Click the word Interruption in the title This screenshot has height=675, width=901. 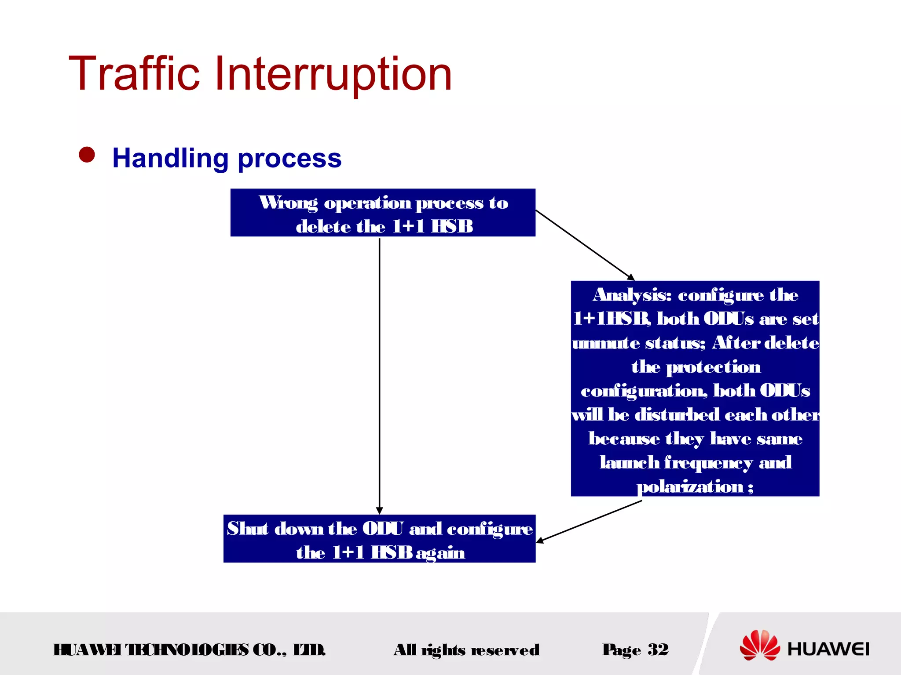pyautogui.click(x=333, y=75)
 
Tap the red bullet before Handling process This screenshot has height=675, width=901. pyautogui.click(x=87, y=155)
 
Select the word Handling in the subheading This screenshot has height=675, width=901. pyautogui.click(x=170, y=158)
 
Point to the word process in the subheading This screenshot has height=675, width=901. pyautogui.click(x=289, y=159)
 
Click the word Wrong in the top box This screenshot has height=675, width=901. pyautogui.click(x=288, y=203)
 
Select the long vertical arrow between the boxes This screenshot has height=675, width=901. pyautogui.click(x=380, y=374)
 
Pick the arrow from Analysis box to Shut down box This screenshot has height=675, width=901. pyautogui.click(x=590, y=522)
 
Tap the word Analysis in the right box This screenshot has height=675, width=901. pyautogui.click(x=632, y=295)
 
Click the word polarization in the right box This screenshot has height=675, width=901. pyautogui.click(x=690, y=486)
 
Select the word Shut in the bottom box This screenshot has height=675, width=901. pyautogui.click(x=247, y=528)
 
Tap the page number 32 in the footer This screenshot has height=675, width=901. pyautogui.click(x=658, y=649)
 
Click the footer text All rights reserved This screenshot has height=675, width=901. pyautogui.click(x=466, y=650)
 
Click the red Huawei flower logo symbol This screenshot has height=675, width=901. pyautogui.click(x=759, y=645)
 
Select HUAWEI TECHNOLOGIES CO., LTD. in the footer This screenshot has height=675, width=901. pyautogui.click(x=189, y=650)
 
